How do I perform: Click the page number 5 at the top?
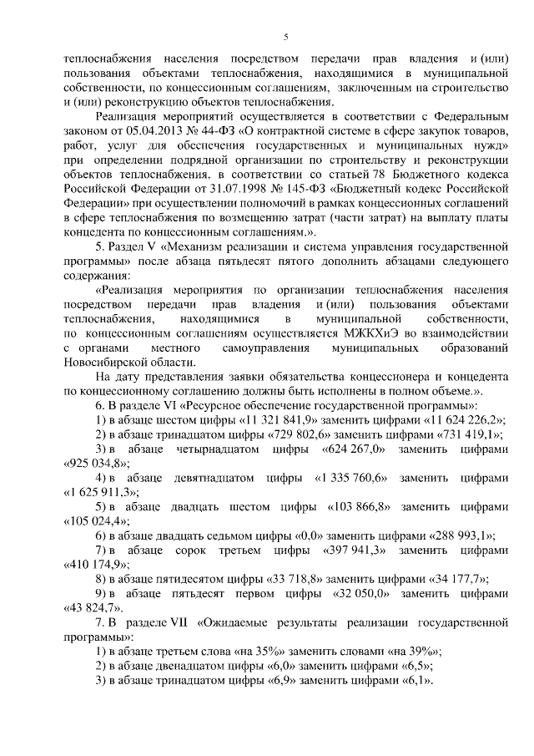[x=286, y=36]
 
